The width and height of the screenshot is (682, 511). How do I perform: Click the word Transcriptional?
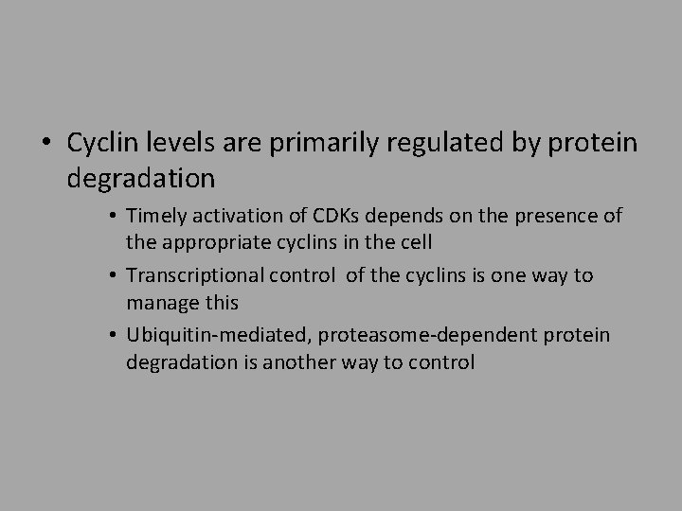click(x=188, y=276)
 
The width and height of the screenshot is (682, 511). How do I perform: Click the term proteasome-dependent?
click(x=426, y=337)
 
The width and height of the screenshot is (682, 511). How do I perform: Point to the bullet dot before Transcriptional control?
click(x=112, y=277)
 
